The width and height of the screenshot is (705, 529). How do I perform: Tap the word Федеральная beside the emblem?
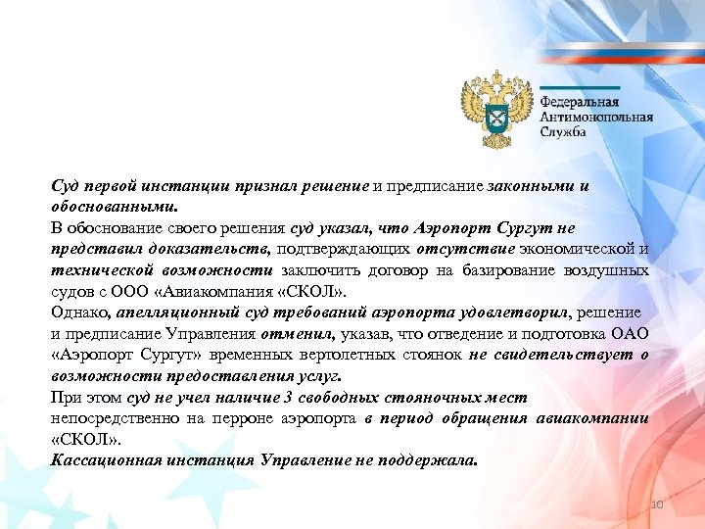coord(580,100)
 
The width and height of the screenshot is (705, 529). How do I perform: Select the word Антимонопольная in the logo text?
coord(596,116)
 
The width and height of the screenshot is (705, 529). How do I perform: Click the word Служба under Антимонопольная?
coord(564,131)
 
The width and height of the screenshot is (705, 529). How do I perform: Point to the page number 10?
coord(657,504)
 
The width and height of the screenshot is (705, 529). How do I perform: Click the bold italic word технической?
coord(101,270)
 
